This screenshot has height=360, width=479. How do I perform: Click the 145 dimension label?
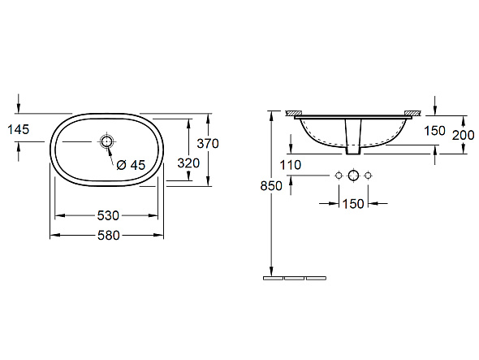(x=19, y=129)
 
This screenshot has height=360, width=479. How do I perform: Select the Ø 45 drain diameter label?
(x=131, y=165)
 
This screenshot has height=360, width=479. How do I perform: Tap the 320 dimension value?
(x=188, y=163)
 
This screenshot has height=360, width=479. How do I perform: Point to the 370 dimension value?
(x=208, y=144)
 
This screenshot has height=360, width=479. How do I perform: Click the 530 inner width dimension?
(x=108, y=215)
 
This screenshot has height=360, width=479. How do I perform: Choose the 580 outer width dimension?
(x=109, y=235)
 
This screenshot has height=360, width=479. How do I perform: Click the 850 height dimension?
(x=271, y=185)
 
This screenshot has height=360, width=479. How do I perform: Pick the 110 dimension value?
(x=291, y=165)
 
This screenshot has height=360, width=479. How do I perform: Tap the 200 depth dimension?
(x=463, y=135)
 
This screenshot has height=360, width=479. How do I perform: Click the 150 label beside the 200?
(x=434, y=131)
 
